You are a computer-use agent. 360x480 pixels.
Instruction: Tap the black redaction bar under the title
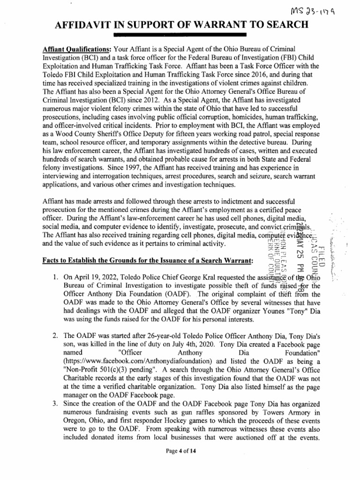point(180,35)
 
